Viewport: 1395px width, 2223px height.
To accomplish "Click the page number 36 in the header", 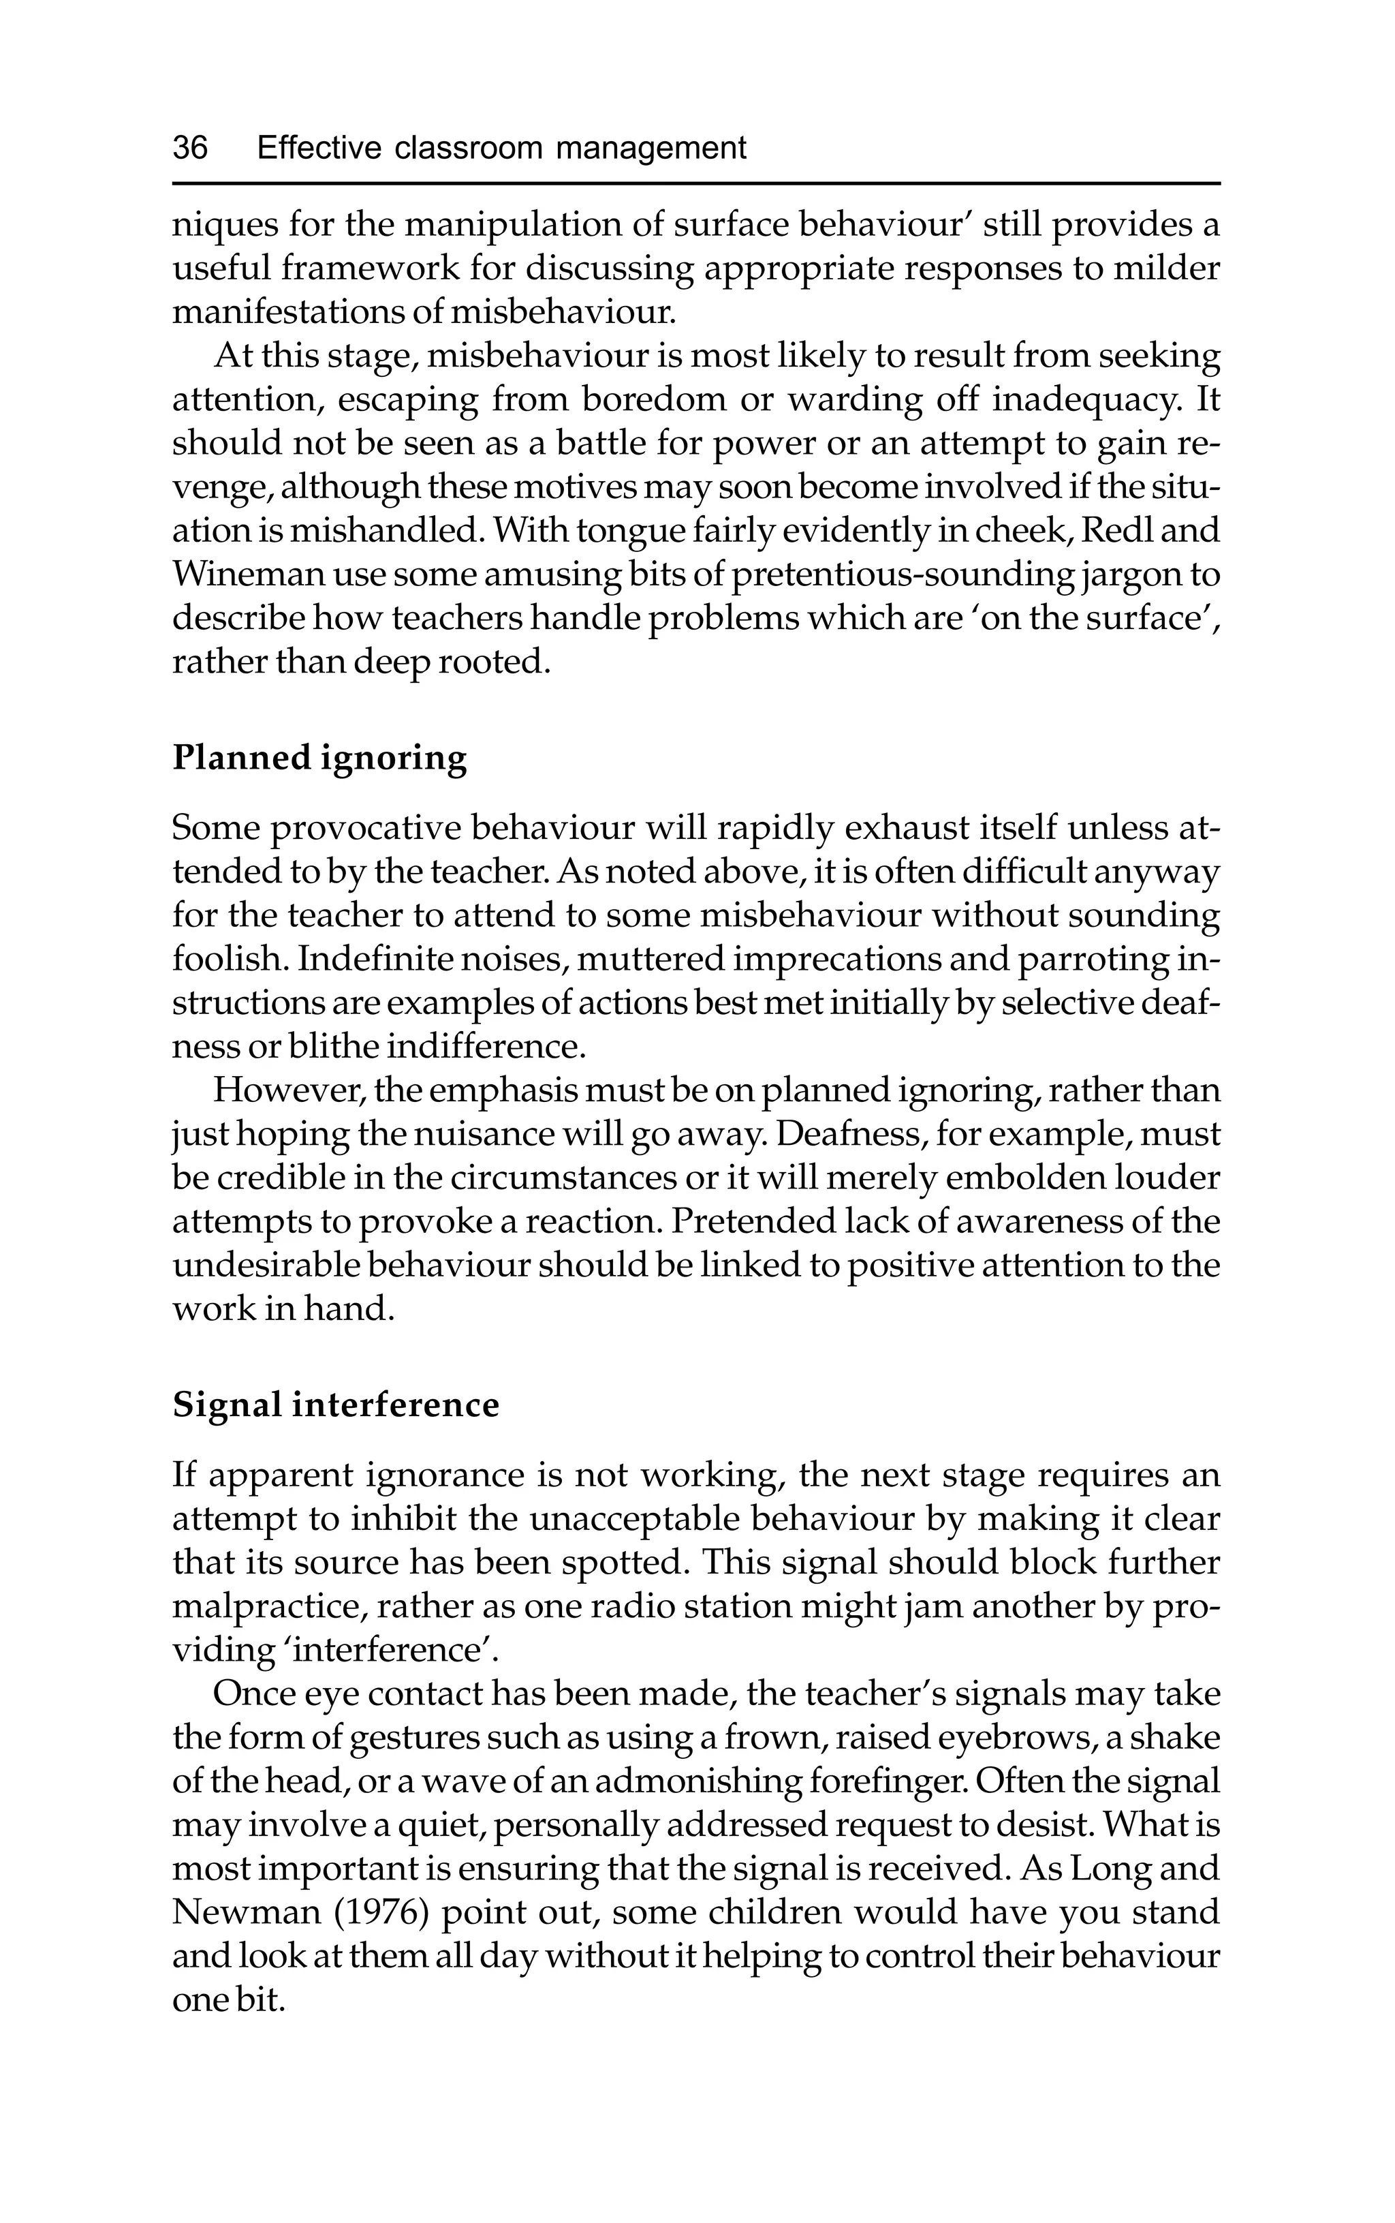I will click(190, 148).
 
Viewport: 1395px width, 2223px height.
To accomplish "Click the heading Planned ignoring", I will click(319, 758).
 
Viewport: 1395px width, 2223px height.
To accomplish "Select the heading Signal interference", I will click(336, 1405).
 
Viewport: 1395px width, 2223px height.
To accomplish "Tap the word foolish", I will click(229, 959).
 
